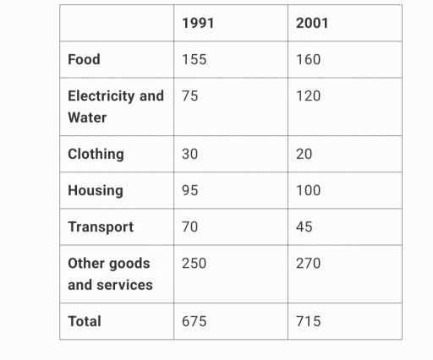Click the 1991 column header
click(x=198, y=23)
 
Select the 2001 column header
click(x=312, y=23)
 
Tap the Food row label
click(x=84, y=59)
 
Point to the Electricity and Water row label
click(x=115, y=106)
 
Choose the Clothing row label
click(x=96, y=154)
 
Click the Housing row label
click(x=95, y=190)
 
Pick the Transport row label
click(x=101, y=226)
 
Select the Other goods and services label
click(x=110, y=274)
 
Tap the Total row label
click(x=85, y=321)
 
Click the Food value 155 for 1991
click(x=195, y=59)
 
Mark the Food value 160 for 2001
click(x=309, y=59)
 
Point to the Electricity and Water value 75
click(x=190, y=95)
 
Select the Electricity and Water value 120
click(x=309, y=95)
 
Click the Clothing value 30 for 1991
click(x=190, y=154)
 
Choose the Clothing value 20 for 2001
click(x=304, y=154)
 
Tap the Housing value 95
click(x=190, y=190)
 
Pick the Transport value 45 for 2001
click(x=304, y=226)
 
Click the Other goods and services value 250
click(x=195, y=263)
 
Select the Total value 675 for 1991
click(x=195, y=321)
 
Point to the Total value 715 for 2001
click(x=308, y=321)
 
